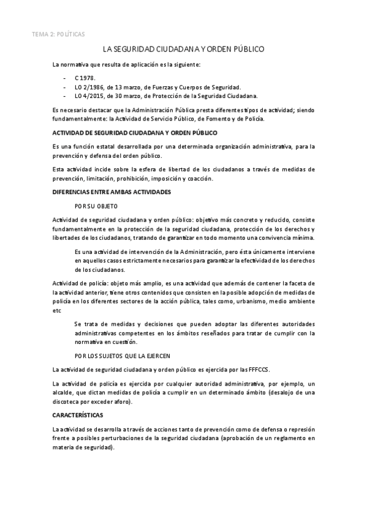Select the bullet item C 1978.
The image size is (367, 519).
click(85, 80)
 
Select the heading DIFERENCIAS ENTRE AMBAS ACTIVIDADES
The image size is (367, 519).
click(112, 192)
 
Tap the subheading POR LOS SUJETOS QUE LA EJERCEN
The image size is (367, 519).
click(122, 355)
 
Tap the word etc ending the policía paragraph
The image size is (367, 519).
click(57, 310)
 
